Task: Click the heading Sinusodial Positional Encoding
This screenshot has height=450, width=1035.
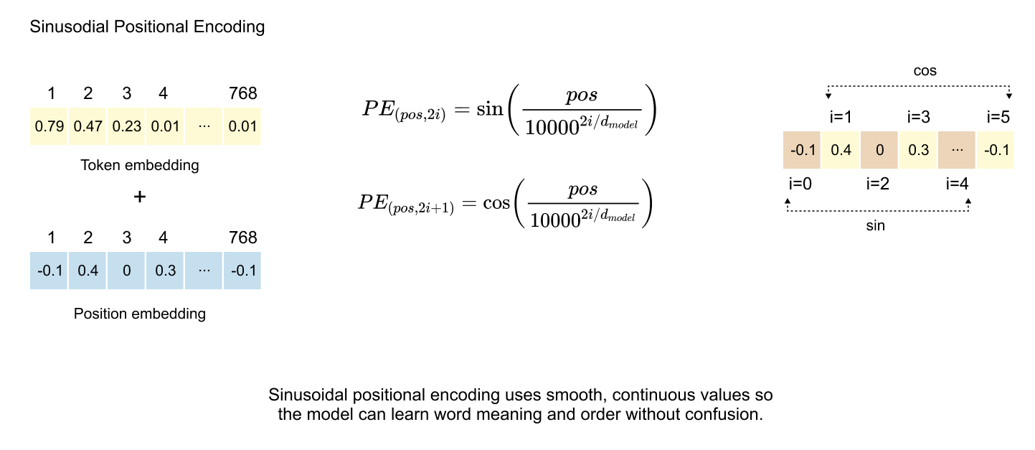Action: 147,28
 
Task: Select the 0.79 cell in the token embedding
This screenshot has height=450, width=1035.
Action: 48,127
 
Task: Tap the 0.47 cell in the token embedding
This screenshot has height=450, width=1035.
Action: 87,127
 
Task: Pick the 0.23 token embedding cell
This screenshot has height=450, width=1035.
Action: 126,127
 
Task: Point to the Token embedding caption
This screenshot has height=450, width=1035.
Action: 140,166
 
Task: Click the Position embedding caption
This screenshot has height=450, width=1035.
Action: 140,314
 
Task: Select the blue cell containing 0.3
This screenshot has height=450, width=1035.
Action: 164,271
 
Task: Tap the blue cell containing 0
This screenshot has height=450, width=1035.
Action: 126,271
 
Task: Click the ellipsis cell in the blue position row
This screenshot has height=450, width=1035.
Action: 203,271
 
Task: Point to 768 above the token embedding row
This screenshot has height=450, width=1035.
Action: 242,93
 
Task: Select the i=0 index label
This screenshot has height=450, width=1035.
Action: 800,184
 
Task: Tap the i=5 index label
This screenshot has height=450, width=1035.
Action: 998,117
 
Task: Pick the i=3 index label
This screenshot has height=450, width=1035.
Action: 919,117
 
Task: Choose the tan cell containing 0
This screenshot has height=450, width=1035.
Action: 879,150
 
